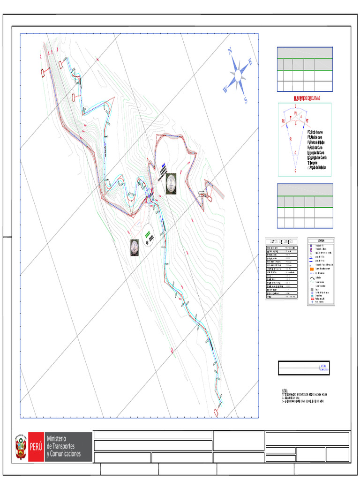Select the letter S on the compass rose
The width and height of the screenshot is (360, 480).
[246, 100]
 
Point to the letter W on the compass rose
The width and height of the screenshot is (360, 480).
[225, 89]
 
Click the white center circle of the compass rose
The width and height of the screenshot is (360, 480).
[239, 75]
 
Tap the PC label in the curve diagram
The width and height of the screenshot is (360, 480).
[283, 121]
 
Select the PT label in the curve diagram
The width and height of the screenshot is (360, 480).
[307, 121]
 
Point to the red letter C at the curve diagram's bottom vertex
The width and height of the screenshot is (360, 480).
[295, 171]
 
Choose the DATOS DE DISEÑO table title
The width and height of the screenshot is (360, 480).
[281, 241]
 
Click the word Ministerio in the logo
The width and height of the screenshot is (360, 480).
[56, 438]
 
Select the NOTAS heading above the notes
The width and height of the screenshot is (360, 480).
[285, 390]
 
